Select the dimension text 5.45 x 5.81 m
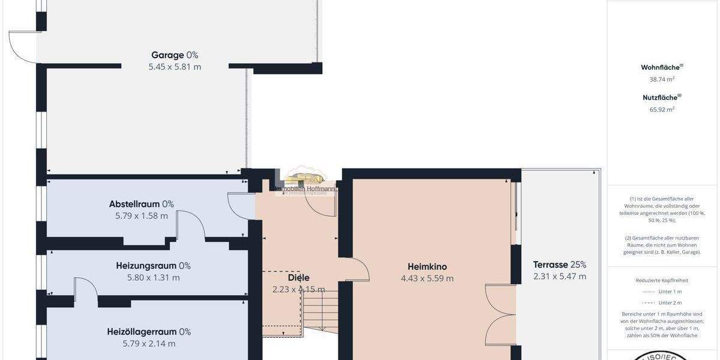pyautogui.click(x=175, y=67)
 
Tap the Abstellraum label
pyautogui.click(x=141, y=204)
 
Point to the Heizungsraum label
pyautogui.click(x=153, y=266)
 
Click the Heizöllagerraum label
pyautogui.click(x=149, y=332)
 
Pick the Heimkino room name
pyautogui.click(x=427, y=267)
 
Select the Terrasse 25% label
pyautogui.click(x=559, y=265)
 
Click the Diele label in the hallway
pyautogui.click(x=298, y=278)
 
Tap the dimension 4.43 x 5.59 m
pyautogui.click(x=427, y=278)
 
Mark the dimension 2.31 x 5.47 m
pyautogui.click(x=559, y=277)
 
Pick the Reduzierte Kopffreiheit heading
pyautogui.click(x=662, y=280)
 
